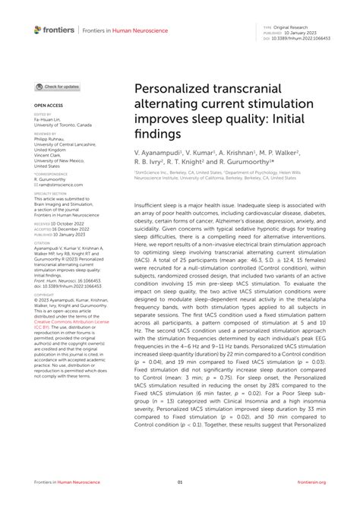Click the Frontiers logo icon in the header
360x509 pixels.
tap(38, 30)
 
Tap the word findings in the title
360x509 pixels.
tap(155, 134)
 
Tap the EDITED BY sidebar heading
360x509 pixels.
tap(43, 114)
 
